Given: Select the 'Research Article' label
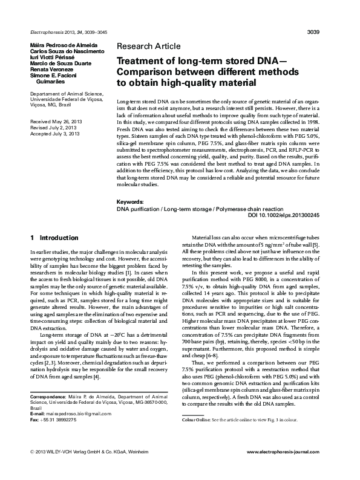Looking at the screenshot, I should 148,46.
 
